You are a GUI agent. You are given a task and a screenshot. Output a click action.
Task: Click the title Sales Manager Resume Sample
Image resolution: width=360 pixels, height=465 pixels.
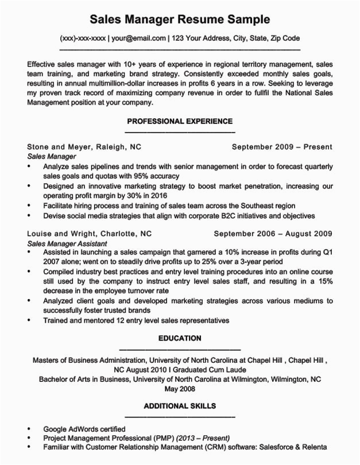180,20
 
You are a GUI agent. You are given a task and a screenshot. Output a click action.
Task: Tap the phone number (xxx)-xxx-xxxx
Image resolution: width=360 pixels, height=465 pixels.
83,38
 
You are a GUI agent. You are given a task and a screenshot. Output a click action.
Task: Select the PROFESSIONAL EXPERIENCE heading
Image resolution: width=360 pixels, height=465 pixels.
180,121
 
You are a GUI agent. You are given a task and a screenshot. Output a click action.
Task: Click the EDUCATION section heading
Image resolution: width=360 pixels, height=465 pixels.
180,338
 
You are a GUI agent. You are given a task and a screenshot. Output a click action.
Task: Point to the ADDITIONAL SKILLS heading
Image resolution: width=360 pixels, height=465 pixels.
180,406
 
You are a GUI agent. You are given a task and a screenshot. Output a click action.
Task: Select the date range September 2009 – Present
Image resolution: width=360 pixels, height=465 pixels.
282,146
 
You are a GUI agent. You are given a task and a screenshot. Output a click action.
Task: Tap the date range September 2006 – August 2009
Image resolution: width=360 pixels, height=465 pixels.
273,234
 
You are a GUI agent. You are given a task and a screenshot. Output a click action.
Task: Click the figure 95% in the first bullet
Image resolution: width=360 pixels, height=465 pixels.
142,176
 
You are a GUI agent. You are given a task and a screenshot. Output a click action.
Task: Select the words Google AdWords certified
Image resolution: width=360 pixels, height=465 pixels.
84,429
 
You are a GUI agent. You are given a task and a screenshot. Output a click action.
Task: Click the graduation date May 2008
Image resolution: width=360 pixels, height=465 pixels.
180,389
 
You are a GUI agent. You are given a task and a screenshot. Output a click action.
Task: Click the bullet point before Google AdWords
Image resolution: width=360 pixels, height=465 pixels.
29,429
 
